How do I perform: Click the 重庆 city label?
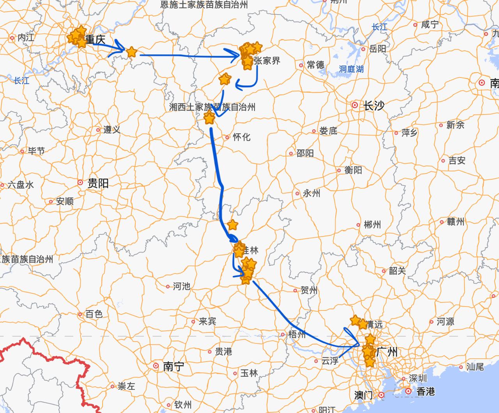coord(95,40)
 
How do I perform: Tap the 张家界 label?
coord(267,61)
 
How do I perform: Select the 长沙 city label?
coord(373,106)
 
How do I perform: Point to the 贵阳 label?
coord(98,183)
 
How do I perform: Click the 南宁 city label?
coord(173,366)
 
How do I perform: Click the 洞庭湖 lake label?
coord(351,69)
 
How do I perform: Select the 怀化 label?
coord(241,137)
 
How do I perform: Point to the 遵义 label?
coord(111,130)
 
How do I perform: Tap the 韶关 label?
coord(397,270)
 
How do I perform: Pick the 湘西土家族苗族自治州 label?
coord(212,107)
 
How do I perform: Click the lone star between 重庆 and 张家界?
coord(132,51)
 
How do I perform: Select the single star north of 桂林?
coord(232,225)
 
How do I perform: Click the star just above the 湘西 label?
coord(225,79)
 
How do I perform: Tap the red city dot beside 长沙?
coord(355,105)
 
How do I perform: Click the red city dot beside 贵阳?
coord(80,182)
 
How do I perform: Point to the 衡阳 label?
coord(353,170)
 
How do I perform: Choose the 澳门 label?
coord(363,395)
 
